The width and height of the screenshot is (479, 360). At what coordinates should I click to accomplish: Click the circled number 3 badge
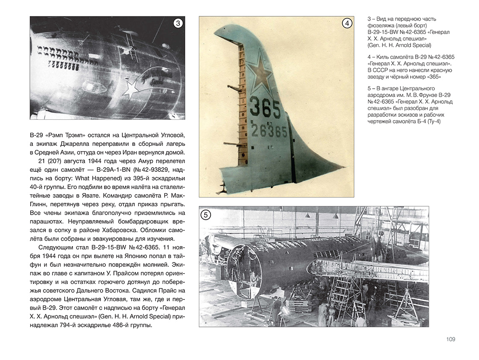click(178, 24)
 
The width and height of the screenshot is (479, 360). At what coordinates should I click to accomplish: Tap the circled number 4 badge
click(347, 24)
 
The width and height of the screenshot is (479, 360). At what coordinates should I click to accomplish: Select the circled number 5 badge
click(205, 215)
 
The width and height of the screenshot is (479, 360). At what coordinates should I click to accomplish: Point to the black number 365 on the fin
click(265, 109)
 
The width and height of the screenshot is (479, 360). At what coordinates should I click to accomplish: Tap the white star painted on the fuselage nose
click(133, 89)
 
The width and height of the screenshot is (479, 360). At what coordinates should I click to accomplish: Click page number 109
click(450, 339)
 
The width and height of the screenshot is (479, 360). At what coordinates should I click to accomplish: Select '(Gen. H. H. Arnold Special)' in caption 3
click(399, 45)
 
